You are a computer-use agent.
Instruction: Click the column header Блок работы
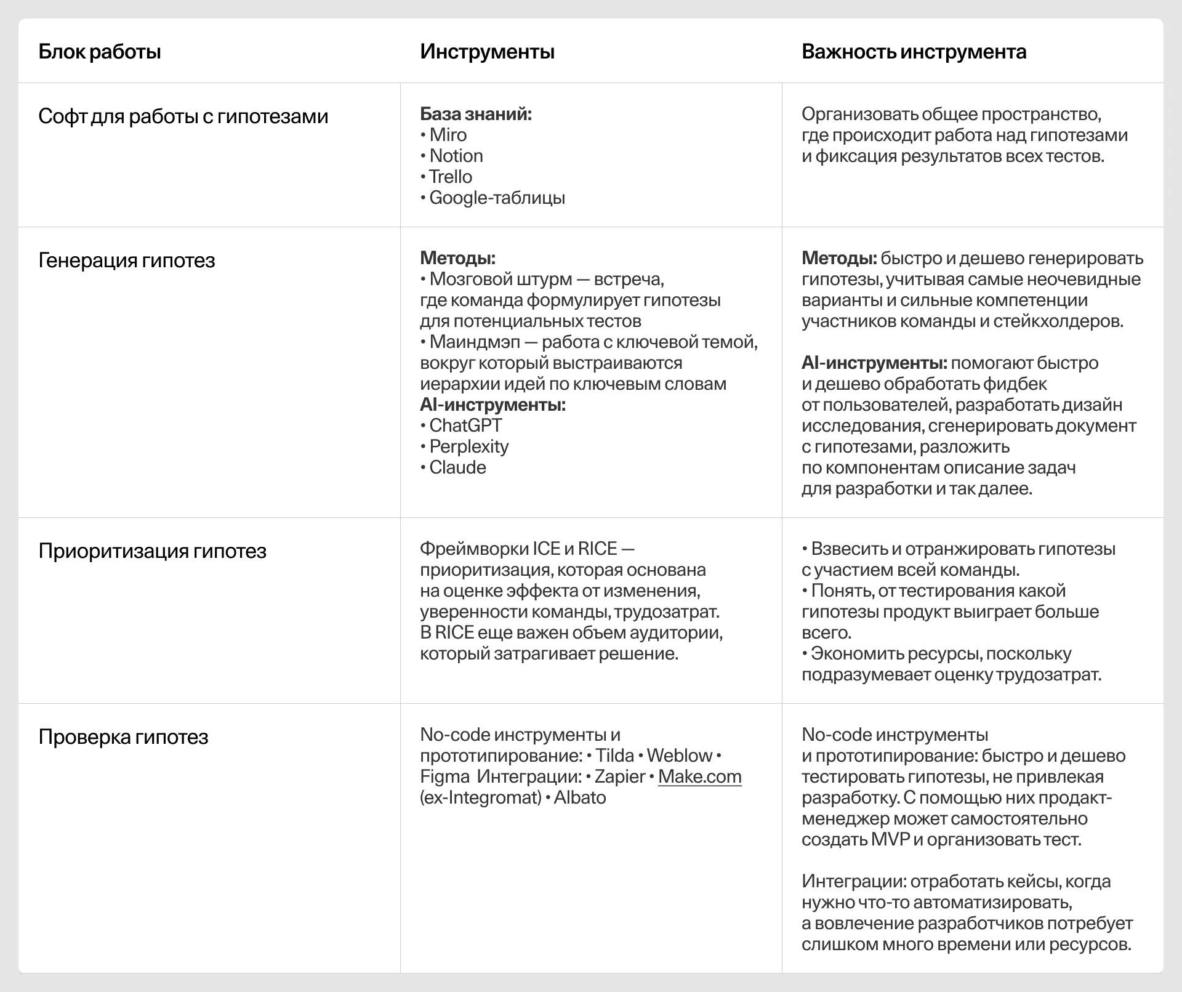pos(100,52)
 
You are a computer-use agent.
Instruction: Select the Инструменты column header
pos(487,52)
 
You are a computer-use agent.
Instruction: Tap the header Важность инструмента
pos(914,52)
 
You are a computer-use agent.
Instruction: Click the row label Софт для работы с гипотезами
pos(183,116)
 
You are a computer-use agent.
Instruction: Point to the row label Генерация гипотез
pos(126,260)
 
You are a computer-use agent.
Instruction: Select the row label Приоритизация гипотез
pos(152,551)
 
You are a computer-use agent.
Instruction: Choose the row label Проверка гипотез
pos(123,737)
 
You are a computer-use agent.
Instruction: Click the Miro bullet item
pos(448,135)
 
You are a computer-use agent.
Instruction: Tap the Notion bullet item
pos(456,156)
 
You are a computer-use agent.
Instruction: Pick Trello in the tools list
pos(450,177)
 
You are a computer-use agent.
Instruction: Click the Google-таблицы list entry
pos(497,198)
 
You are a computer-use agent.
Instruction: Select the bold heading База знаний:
pos(476,114)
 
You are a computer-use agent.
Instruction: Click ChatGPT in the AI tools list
pos(465,425)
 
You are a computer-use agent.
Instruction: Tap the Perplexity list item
pos(468,446)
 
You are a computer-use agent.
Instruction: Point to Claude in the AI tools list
pos(457,467)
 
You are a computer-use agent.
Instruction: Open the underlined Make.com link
pos(699,776)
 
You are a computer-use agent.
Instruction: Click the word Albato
pos(580,797)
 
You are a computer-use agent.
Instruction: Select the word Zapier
pos(619,776)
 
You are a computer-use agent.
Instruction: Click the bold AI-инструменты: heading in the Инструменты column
pos(492,405)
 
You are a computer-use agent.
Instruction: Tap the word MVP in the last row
pos(890,839)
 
